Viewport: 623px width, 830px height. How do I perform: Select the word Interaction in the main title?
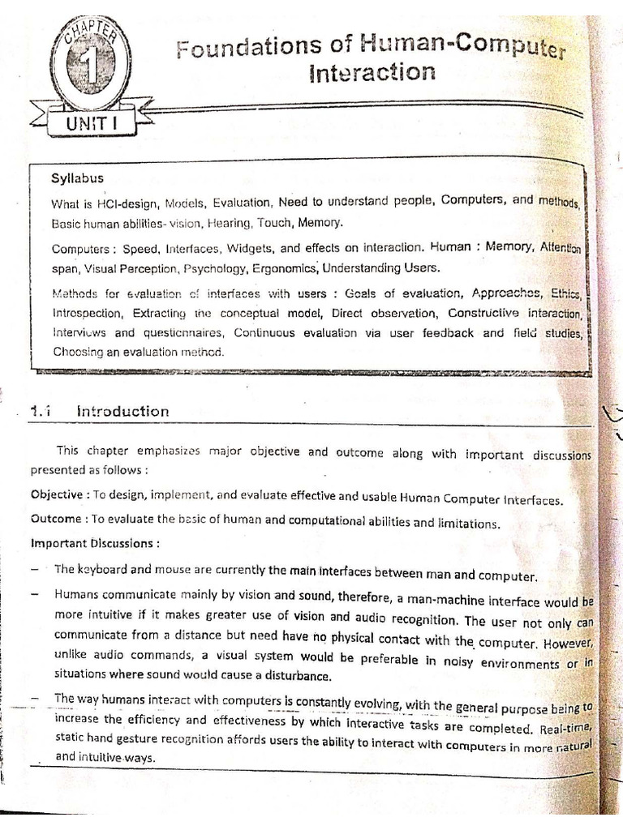[372, 73]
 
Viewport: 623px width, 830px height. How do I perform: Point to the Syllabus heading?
[77, 178]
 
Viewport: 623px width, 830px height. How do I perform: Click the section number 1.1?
[41, 411]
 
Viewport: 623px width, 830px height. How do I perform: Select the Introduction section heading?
[122, 411]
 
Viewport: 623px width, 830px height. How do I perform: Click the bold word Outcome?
[54, 519]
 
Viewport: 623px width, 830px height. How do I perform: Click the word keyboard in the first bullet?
[102, 569]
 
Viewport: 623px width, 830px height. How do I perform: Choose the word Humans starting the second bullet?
[75, 594]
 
